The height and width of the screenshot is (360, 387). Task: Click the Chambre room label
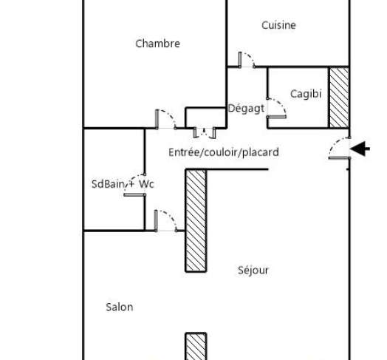click(158, 44)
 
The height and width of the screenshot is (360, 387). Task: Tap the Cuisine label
click(278, 25)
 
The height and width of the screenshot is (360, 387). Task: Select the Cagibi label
click(306, 94)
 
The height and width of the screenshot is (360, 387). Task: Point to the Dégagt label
click(246, 108)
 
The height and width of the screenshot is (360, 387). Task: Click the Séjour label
click(253, 271)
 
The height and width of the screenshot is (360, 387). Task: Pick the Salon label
click(120, 307)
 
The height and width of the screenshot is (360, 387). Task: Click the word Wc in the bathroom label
click(146, 184)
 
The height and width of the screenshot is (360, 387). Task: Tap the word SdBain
click(108, 184)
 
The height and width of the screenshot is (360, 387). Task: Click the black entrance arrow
click(360, 149)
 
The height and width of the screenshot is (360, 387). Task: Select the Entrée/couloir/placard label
click(224, 152)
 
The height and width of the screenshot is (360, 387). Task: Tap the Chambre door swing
click(166, 119)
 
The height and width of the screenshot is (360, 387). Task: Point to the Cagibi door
click(276, 108)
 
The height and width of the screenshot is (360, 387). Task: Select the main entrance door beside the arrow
click(340, 148)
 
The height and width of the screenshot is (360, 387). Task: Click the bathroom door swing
click(134, 185)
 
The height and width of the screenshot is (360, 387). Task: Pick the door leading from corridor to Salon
click(166, 220)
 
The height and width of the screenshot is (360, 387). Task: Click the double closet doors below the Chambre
click(205, 132)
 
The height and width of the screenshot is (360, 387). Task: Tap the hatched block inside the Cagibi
click(339, 98)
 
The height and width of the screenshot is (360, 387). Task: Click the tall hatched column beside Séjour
click(196, 220)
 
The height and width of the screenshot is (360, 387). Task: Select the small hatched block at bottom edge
click(196, 347)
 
